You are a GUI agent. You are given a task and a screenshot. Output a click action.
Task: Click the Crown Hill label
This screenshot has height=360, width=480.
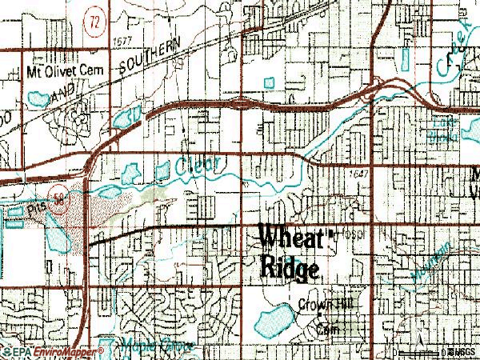326,305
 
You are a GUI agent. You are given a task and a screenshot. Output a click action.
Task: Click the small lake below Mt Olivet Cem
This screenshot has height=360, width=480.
36,99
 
